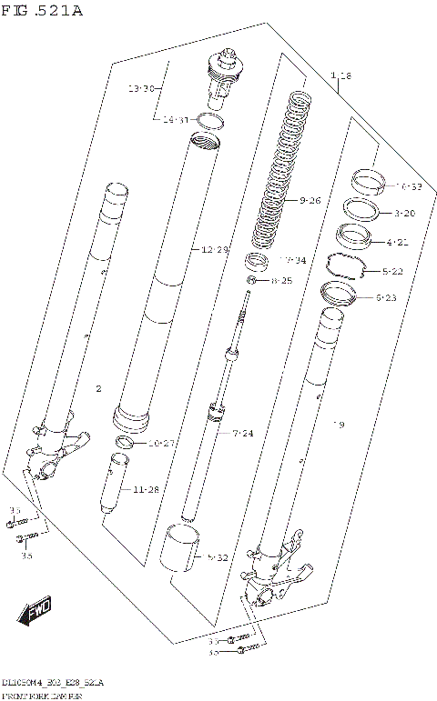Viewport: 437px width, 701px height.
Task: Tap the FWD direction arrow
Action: point(36,610)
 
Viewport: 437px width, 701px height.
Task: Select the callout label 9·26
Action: point(310,200)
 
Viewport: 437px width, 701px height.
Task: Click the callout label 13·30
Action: point(142,89)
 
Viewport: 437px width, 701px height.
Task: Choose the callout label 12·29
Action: point(215,249)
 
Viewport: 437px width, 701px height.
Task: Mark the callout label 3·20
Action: point(406,213)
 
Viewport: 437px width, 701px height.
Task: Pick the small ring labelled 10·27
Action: point(126,443)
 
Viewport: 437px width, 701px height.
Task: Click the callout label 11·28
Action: point(146,489)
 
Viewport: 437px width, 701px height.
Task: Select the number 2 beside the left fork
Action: point(98,389)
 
